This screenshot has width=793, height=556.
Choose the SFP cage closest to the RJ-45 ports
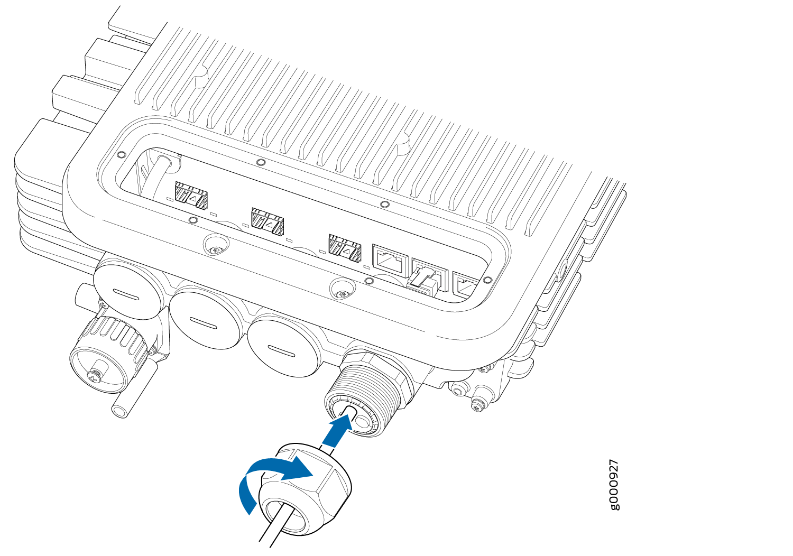(345, 249)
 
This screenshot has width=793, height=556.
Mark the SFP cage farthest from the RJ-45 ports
(191, 194)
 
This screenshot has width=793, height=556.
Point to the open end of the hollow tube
(119, 412)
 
